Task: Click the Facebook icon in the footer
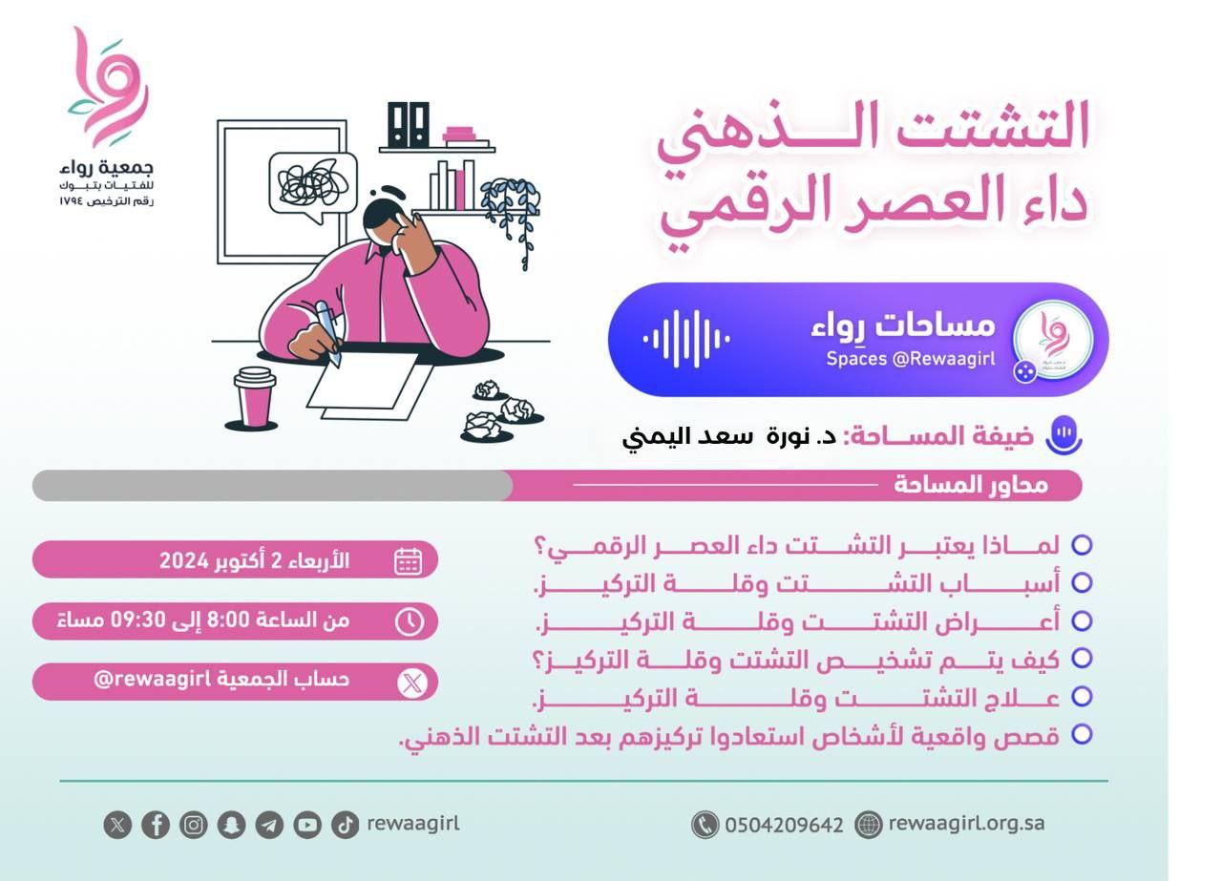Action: (156, 825)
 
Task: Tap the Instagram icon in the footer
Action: (194, 825)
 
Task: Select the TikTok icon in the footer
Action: (346, 825)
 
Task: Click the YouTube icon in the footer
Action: (307, 825)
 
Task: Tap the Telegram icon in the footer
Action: (269, 825)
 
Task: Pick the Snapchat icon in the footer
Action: (231, 825)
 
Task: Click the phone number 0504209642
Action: (784, 826)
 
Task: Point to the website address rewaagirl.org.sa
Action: (967, 824)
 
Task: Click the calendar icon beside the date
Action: (408, 561)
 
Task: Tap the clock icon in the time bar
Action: (410, 622)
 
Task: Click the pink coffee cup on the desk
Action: (254, 397)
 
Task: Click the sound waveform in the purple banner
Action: (686, 339)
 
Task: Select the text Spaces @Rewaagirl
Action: (911, 359)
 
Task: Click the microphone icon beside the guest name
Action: (1064, 434)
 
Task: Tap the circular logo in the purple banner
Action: (1053, 339)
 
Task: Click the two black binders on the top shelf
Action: (408, 125)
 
